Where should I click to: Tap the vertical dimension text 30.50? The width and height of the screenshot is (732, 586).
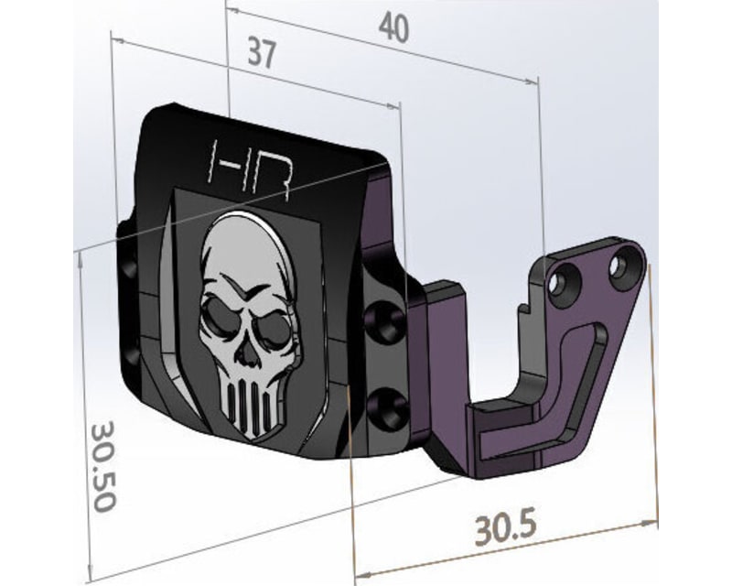tap(102, 466)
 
